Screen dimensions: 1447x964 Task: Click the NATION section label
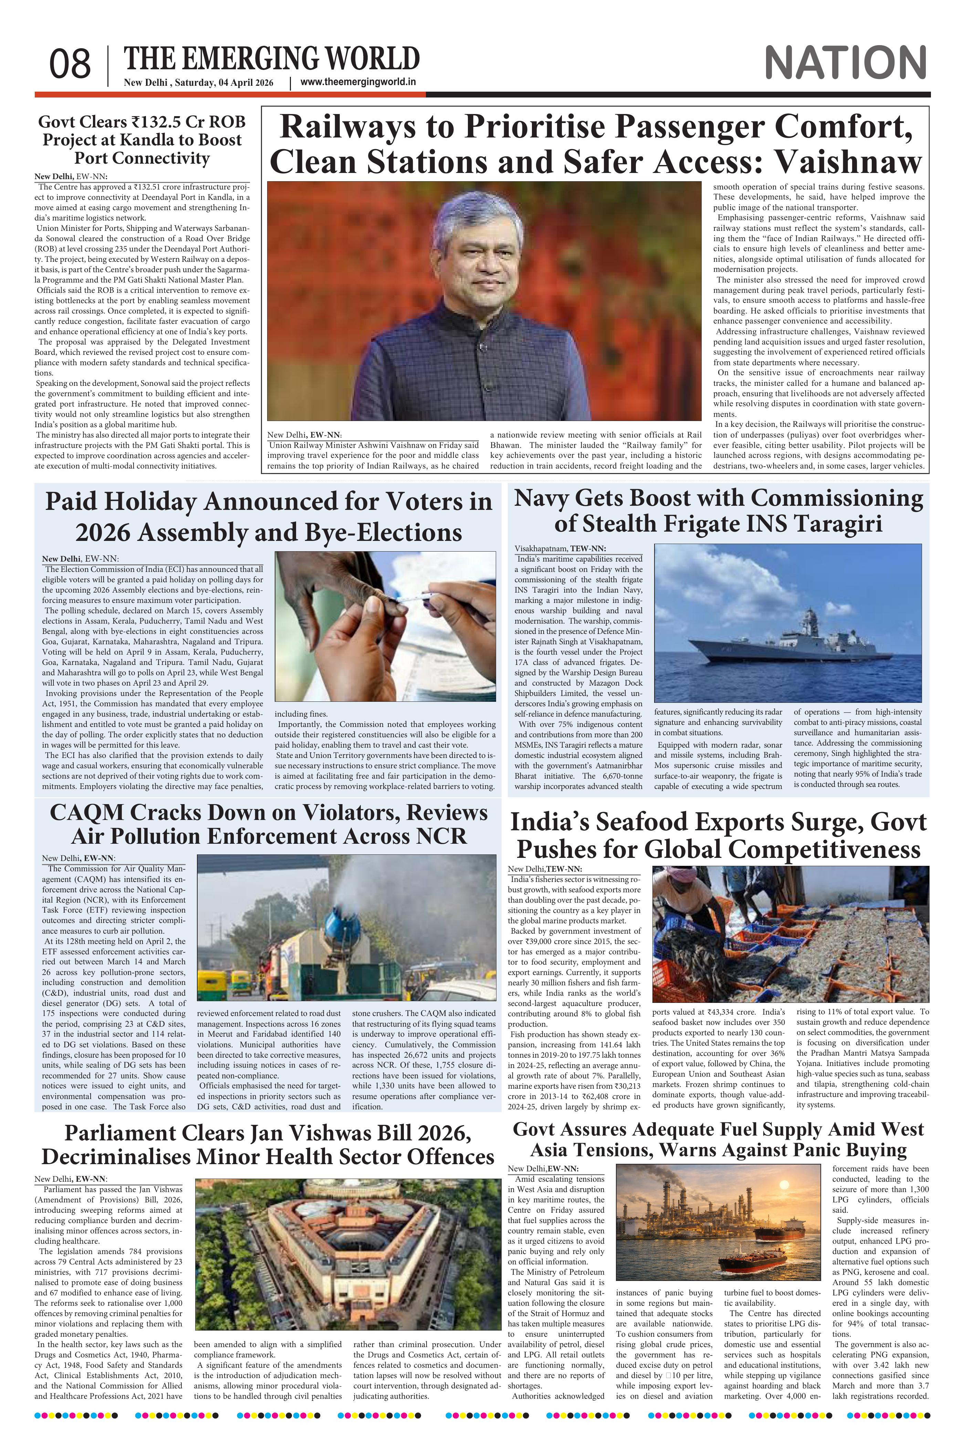[x=845, y=63]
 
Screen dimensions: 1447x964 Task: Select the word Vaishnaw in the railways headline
[x=848, y=162]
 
